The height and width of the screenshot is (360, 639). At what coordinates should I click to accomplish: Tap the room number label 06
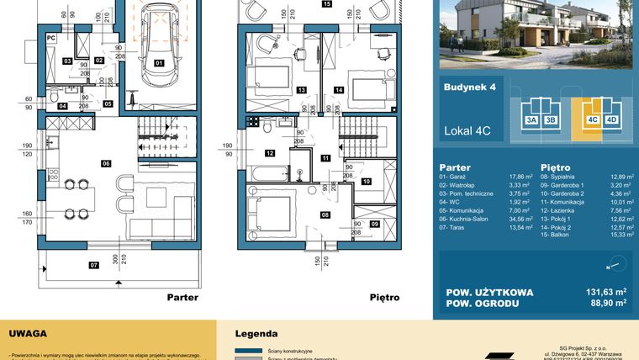tap(107, 162)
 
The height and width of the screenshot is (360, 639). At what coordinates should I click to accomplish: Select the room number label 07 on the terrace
tap(70, 266)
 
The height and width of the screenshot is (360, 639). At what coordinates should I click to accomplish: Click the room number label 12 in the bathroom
tap(269, 153)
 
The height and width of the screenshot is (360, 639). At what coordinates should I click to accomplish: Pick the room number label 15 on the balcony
tap(326, 4)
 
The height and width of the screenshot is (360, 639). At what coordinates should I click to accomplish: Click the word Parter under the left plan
tap(182, 297)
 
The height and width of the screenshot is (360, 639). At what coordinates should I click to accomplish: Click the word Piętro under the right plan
tap(384, 297)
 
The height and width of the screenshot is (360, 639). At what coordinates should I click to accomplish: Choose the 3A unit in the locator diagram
tap(531, 120)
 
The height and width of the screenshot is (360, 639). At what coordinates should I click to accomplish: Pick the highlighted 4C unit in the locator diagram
tap(592, 120)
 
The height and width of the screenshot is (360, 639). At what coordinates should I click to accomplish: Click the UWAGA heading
tap(28, 334)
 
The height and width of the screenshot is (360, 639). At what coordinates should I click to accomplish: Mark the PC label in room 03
tap(50, 38)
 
